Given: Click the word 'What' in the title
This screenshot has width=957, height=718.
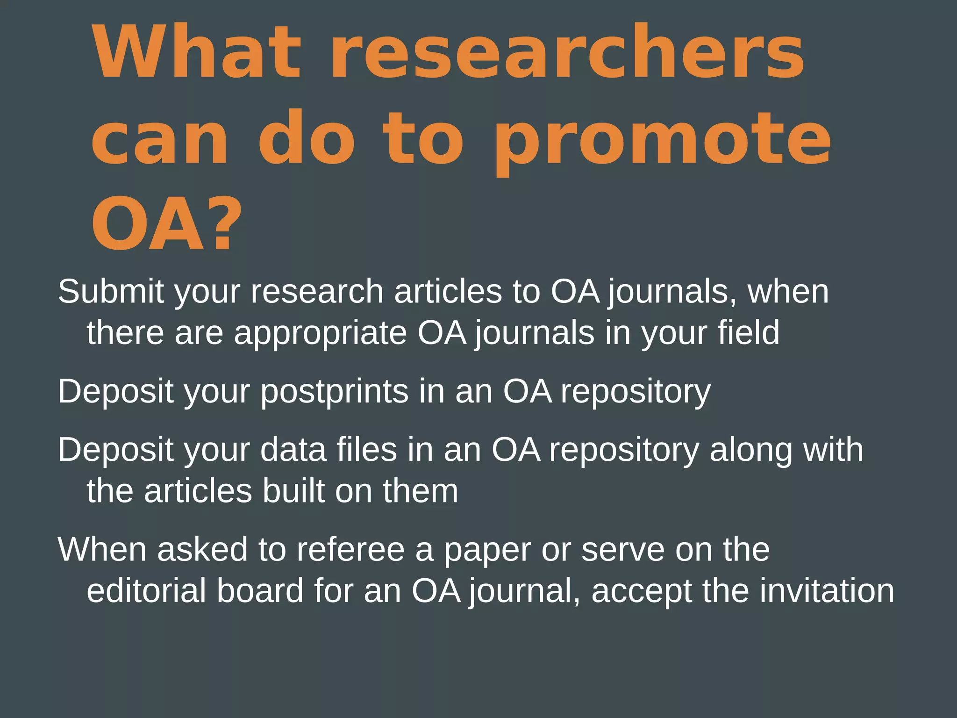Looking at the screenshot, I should (196, 52).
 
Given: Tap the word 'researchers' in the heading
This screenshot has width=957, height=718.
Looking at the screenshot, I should (567, 52).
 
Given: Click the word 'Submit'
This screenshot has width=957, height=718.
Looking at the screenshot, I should (111, 292).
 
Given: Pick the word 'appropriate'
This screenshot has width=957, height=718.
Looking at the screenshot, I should (321, 334).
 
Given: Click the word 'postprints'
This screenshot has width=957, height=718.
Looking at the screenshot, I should (334, 392).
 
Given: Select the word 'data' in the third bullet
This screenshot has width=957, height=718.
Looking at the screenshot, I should (293, 450).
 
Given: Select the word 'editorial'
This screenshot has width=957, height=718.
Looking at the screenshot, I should (146, 591).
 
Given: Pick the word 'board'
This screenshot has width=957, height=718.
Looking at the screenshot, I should (260, 591).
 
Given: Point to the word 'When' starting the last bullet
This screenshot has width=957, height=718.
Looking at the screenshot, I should (102, 550).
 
